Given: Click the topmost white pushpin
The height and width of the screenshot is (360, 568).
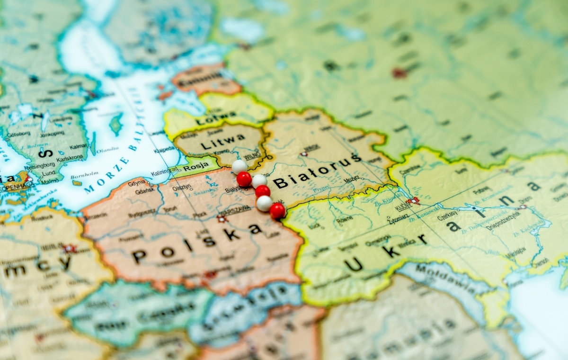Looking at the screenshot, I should [x=239, y=166].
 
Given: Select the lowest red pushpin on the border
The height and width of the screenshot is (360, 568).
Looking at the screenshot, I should [x=277, y=211].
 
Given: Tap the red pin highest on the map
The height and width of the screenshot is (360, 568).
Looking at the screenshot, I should [x=244, y=179].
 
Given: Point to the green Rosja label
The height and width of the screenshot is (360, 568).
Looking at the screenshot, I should [x=196, y=167].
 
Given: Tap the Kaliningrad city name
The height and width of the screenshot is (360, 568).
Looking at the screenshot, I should [x=165, y=171].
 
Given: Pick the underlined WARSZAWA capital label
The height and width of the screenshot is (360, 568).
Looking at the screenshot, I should [x=234, y=208].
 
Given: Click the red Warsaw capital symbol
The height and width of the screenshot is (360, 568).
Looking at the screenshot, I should [x=221, y=219].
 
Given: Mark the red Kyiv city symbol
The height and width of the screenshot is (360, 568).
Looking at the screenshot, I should [x=415, y=201].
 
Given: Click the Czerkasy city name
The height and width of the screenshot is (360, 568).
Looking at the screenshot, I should [x=448, y=217].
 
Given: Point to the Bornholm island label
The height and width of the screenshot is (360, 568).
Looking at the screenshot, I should [x=84, y=174].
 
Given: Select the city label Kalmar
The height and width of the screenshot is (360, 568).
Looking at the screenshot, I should [x=79, y=146].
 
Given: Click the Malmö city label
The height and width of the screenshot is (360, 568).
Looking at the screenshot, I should [x=50, y=181].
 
